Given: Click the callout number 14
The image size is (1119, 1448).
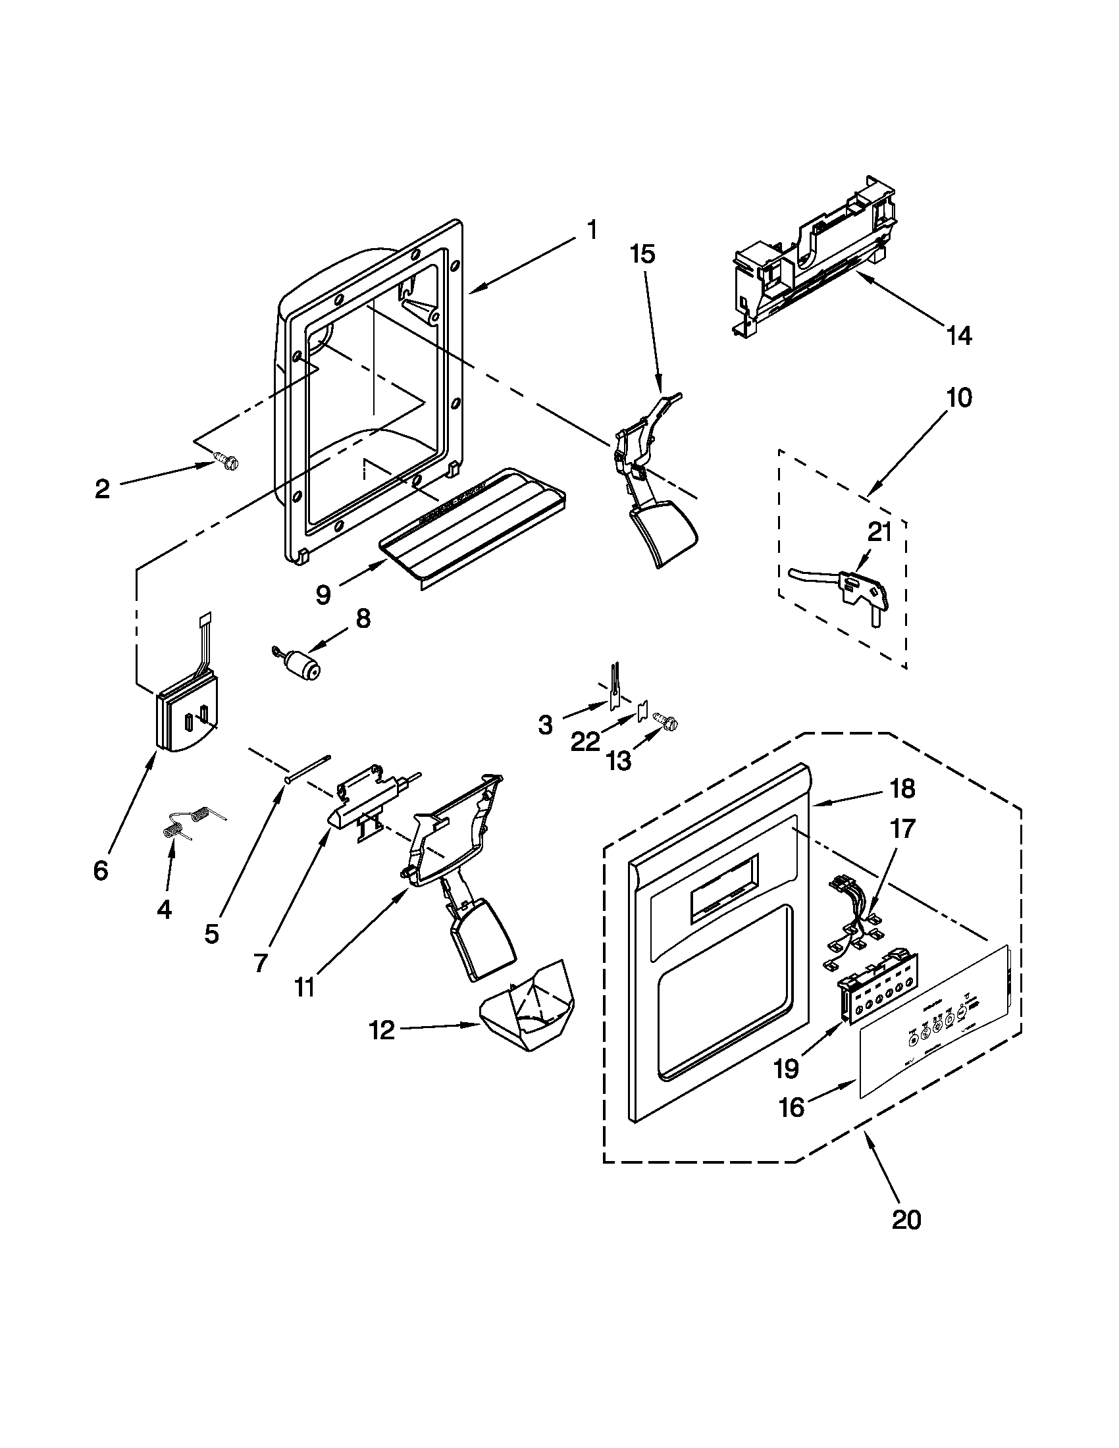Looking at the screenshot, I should click(959, 336).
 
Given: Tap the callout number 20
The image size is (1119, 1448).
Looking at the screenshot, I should click(906, 1218).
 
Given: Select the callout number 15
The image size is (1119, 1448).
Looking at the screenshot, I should click(642, 254).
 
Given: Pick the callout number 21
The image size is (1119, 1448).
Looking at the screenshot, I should click(879, 532).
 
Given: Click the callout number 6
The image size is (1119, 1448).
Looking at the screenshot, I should click(100, 871).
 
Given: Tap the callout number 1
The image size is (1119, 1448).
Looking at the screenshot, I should click(592, 231).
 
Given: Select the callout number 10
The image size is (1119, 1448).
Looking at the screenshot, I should click(959, 398).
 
